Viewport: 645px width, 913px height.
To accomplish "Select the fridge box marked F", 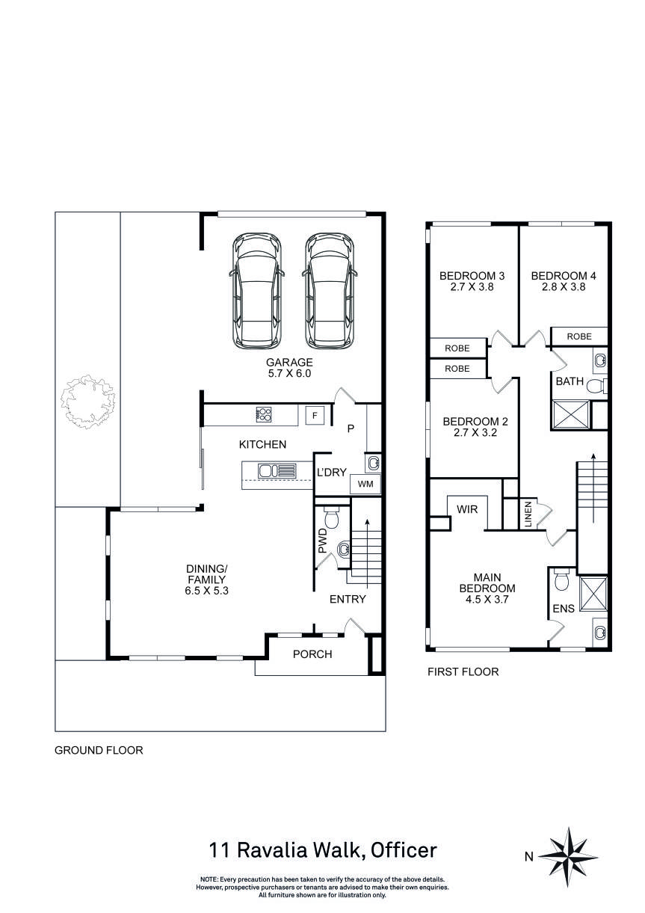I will (315, 415).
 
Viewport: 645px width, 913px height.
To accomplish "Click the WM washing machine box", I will (365, 485).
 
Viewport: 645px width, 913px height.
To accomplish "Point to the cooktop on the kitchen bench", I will (265, 414).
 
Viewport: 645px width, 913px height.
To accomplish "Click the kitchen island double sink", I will (277, 471).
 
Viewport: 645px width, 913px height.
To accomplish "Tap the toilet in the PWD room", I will (332, 517).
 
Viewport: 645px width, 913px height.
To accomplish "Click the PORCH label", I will (312, 654).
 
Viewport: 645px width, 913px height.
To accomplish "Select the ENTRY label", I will (348, 599).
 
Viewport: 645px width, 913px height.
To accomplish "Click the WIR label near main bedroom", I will (467, 508).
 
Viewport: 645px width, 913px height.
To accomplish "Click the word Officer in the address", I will (404, 850).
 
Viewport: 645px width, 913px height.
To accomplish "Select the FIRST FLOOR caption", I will (463, 672).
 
